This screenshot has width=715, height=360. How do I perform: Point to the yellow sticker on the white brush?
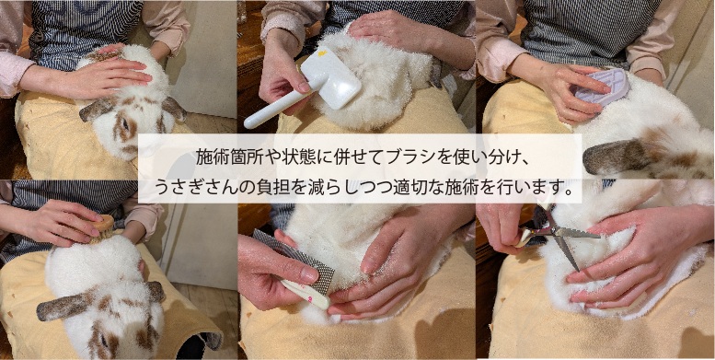pos(322,53)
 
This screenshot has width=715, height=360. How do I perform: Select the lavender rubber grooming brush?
pos(602,87)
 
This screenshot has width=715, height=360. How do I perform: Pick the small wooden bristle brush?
pos(102,227)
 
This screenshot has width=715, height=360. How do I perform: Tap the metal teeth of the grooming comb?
pos(297,260)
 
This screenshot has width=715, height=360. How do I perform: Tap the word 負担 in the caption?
pos(263,187)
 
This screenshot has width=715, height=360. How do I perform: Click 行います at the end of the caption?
pos(539,187)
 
